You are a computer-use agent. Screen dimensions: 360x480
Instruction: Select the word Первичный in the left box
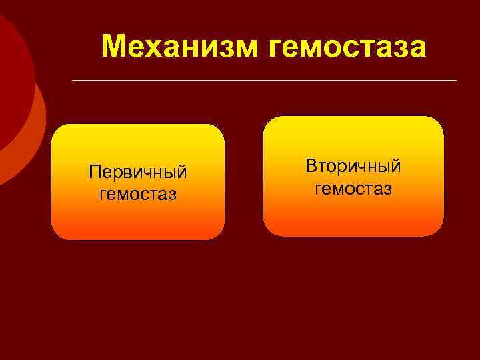click(x=138, y=173)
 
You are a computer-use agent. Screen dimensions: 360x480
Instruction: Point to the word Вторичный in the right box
click(x=353, y=166)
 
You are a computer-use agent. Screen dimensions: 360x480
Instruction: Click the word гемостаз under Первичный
click(x=138, y=194)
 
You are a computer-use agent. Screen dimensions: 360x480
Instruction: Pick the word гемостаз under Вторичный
click(x=353, y=189)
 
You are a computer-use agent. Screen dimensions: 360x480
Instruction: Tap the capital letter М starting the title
click(x=115, y=47)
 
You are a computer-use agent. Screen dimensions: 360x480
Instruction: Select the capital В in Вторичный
click(x=311, y=166)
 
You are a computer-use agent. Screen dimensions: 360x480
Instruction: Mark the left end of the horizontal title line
click(x=73, y=81)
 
